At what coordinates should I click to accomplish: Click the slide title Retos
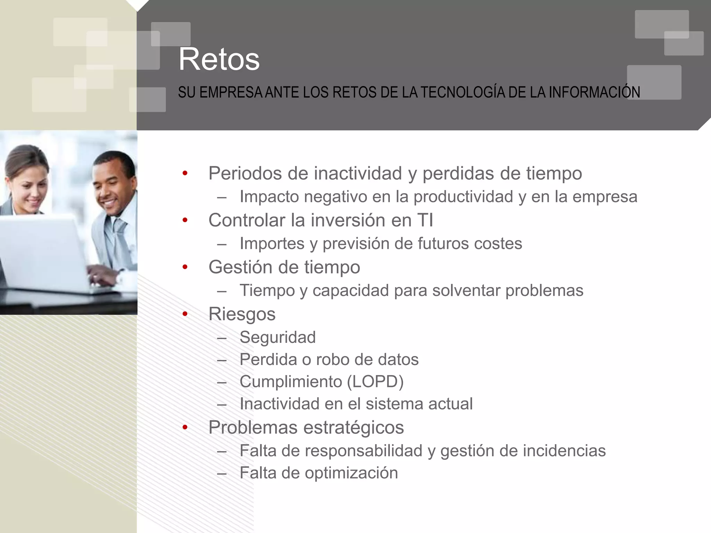pyautogui.click(x=219, y=60)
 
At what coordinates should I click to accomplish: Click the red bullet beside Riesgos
pyautogui.click(x=185, y=314)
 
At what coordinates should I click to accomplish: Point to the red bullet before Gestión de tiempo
pyautogui.click(x=185, y=267)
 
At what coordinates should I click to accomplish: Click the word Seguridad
pyautogui.click(x=277, y=337)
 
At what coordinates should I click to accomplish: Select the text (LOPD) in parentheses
pyautogui.click(x=375, y=382)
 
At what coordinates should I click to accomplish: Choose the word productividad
pyautogui.click(x=463, y=197)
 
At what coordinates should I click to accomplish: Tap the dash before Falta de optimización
pyautogui.click(x=221, y=473)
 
